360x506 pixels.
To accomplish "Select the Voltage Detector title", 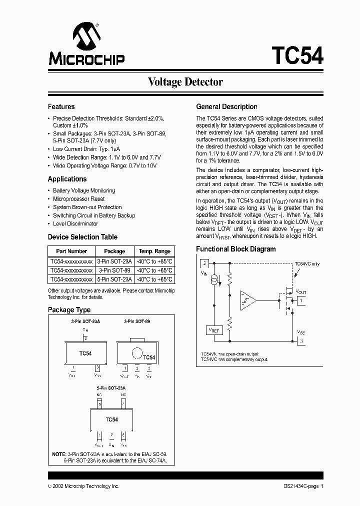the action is tap(185, 82).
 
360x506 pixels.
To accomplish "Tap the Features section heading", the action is tap(61, 106).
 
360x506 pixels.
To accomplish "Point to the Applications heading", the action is tap(67, 179).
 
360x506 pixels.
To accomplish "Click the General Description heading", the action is tap(226, 106).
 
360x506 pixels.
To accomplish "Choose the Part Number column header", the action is tap(71, 251).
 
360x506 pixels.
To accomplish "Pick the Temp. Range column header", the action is tap(154, 251).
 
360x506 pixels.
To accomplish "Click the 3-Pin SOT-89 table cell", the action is tap(114, 270).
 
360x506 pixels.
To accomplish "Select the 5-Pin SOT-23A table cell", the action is tap(114, 279).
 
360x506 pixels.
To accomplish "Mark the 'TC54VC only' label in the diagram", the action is tap(306, 263).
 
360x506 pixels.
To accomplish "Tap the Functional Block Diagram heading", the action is tap(235, 249).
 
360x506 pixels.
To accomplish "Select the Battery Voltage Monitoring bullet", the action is tap(84, 190).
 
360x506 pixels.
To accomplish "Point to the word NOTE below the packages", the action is tap(58, 454).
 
